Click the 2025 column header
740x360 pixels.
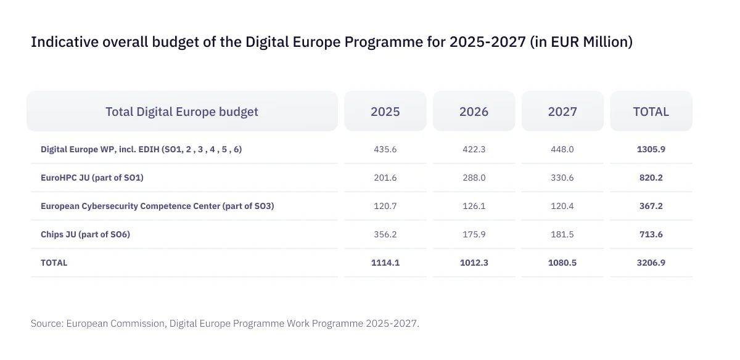pos(385,112)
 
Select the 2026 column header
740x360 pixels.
pos(474,112)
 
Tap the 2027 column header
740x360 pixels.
pos(562,112)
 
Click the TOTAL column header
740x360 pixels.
pos(651,112)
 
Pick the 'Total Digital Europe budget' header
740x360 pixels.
pos(182,112)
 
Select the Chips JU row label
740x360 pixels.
pos(85,234)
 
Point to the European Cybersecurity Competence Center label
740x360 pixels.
pos(157,206)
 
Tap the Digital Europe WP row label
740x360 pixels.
pos(146,149)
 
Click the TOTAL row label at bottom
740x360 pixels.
pos(54,263)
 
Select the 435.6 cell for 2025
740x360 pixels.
pos(385,149)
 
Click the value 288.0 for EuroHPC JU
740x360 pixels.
pos(474,178)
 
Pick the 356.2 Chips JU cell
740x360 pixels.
pos(385,234)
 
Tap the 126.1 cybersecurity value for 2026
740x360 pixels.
pos(474,206)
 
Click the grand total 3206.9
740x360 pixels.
pos(651,263)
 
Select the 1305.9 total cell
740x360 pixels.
pos(651,149)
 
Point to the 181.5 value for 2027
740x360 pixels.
pos(562,234)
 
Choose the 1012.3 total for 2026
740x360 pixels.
pos(474,263)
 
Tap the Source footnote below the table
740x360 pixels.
pos(225,324)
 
